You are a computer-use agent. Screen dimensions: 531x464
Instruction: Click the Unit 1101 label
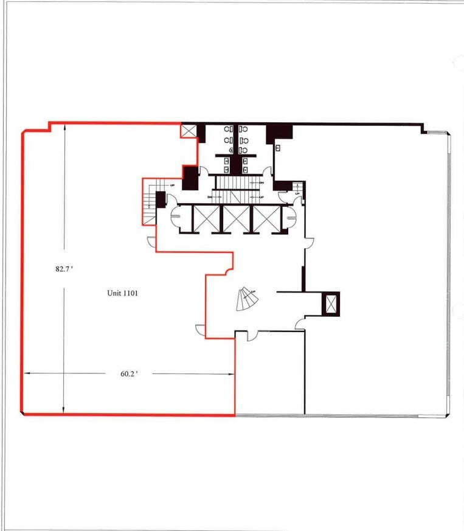click(123, 293)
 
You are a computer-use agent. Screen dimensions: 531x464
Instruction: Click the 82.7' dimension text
click(64, 268)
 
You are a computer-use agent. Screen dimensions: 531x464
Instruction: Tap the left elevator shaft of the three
click(206, 218)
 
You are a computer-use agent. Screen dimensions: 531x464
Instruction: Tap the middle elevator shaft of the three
click(237, 218)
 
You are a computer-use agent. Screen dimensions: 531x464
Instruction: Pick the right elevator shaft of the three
click(266, 218)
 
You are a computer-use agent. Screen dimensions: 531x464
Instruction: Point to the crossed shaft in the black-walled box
click(331, 302)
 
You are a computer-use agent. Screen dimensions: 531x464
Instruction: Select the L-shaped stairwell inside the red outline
click(150, 201)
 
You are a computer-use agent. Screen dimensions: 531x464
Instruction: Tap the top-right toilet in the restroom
click(244, 130)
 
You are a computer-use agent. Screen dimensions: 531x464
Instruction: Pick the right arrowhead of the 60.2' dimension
click(233, 374)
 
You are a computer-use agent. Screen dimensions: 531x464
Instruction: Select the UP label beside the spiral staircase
click(253, 293)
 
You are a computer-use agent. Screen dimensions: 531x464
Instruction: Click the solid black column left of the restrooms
click(190, 177)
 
